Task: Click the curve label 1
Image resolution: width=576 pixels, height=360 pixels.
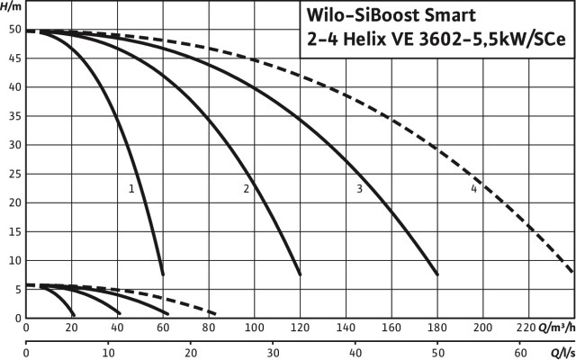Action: click(131, 189)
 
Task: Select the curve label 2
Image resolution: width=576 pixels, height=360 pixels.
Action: click(246, 189)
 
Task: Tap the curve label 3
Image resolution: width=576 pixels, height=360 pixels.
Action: click(359, 189)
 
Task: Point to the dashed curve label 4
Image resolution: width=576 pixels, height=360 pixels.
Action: click(473, 189)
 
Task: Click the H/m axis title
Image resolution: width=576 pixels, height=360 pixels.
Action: click(11, 6)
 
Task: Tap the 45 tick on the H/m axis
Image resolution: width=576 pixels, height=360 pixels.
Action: click(13, 58)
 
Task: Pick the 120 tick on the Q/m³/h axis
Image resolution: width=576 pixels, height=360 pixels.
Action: click(301, 329)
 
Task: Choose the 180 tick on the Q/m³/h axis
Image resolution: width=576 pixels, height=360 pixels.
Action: click(437, 329)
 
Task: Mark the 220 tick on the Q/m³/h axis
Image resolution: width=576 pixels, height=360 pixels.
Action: click(528, 329)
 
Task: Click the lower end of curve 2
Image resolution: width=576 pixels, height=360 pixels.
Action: click(299, 274)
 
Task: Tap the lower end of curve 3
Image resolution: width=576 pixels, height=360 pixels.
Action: click(436, 274)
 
